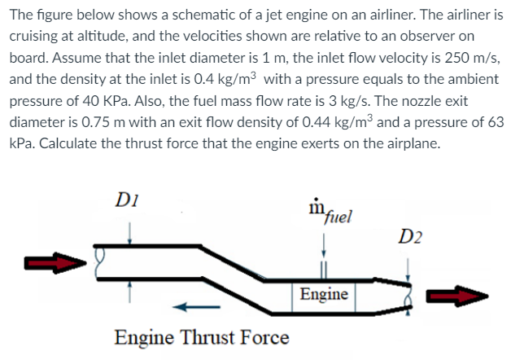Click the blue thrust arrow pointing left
(194, 307)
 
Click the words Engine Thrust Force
(202, 336)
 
